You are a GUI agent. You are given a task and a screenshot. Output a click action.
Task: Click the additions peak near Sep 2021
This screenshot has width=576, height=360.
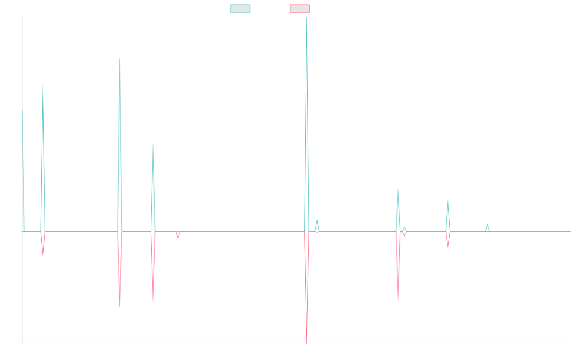[120, 59]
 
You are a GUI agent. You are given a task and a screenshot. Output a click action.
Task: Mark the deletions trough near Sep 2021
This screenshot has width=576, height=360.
[120, 306]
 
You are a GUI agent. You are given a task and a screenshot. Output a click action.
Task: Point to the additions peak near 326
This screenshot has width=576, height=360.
[43, 85]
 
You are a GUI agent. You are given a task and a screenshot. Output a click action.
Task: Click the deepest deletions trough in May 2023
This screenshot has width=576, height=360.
[306, 344]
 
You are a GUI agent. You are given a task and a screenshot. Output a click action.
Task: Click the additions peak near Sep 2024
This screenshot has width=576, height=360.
[448, 201]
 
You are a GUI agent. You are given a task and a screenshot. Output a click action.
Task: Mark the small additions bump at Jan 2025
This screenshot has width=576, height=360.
[487, 225]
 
